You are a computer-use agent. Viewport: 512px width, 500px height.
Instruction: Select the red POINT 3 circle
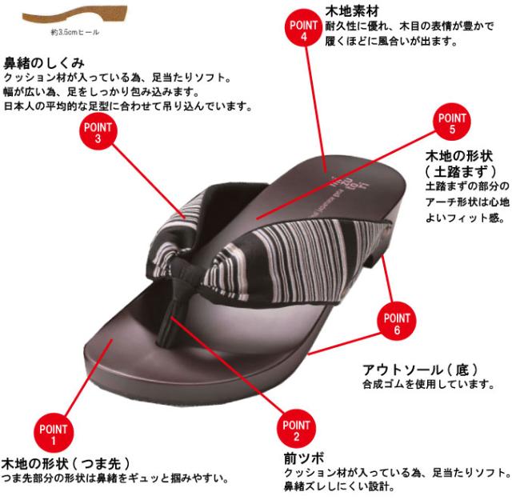(97, 133)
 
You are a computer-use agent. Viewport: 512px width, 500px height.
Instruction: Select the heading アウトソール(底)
(420, 370)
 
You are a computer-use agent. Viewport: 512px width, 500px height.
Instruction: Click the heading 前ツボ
(303, 458)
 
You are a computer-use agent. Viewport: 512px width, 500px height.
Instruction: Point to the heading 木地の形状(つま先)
(66, 463)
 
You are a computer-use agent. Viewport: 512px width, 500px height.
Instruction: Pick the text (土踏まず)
(461, 171)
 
